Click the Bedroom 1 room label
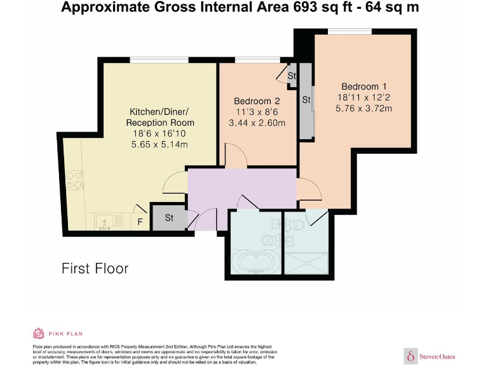pyautogui.click(x=363, y=86)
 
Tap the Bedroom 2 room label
pyautogui.click(x=257, y=101)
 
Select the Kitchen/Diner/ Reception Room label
pyautogui.click(x=160, y=117)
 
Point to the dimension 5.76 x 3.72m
pyautogui.click(x=363, y=108)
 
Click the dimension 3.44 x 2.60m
pyautogui.click(x=257, y=123)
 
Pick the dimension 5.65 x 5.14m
pyautogui.click(x=159, y=145)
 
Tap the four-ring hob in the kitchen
pyautogui.click(x=75, y=180)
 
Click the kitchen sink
pyautogui.click(x=105, y=222)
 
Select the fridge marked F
pyautogui.click(x=140, y=221)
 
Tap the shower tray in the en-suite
pyautogui.click(x=306, y=263)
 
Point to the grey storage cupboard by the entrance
pyautogui.click(x=169, y=217)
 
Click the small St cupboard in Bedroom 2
pyautogui.click(x=292, y=76)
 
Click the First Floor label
pyautogui.click(x=95, y=269)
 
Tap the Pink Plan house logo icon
pyautogui.click(x=38, y=334)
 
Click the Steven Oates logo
pyautogui.click(x=430, y=356)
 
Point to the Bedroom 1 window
pyautogui.click(x=350, y=31)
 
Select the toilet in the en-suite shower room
pyautogui.click(x=295, y=224)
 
